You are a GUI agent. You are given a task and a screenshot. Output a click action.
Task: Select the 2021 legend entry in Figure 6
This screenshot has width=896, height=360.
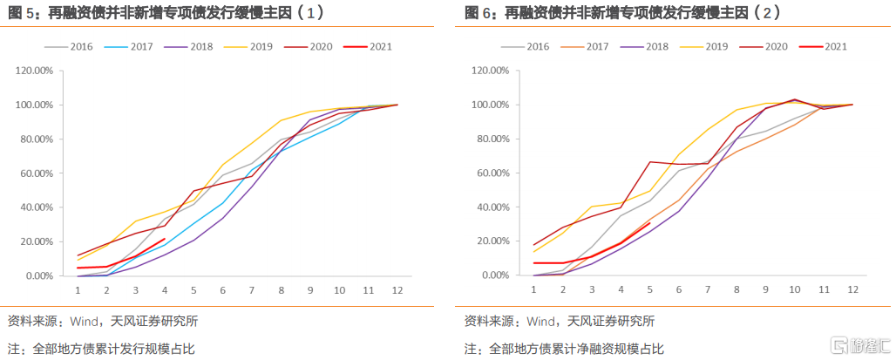pos(825,46)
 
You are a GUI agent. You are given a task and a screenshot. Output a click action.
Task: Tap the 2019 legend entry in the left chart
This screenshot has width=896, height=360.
pos(248,46)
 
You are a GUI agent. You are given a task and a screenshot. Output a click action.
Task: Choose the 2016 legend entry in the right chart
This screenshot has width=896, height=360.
pos(525,46)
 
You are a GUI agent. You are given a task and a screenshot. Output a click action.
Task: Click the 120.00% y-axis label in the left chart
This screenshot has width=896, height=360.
pos(37,71)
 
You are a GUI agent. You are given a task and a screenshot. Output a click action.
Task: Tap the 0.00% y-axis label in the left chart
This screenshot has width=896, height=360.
pos(42,275)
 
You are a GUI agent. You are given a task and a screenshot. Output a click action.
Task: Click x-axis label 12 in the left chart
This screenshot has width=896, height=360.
pos(397,289)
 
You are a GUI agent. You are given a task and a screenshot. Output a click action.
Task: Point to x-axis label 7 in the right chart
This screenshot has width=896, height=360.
pos(708,289)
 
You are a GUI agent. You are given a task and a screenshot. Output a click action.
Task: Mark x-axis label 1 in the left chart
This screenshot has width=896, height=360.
pos(78,289)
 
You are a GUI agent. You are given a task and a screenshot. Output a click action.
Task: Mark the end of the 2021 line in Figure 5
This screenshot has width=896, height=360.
pos(165,239)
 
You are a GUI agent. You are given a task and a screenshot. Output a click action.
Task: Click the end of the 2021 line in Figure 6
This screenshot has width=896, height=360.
pos(650,223)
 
